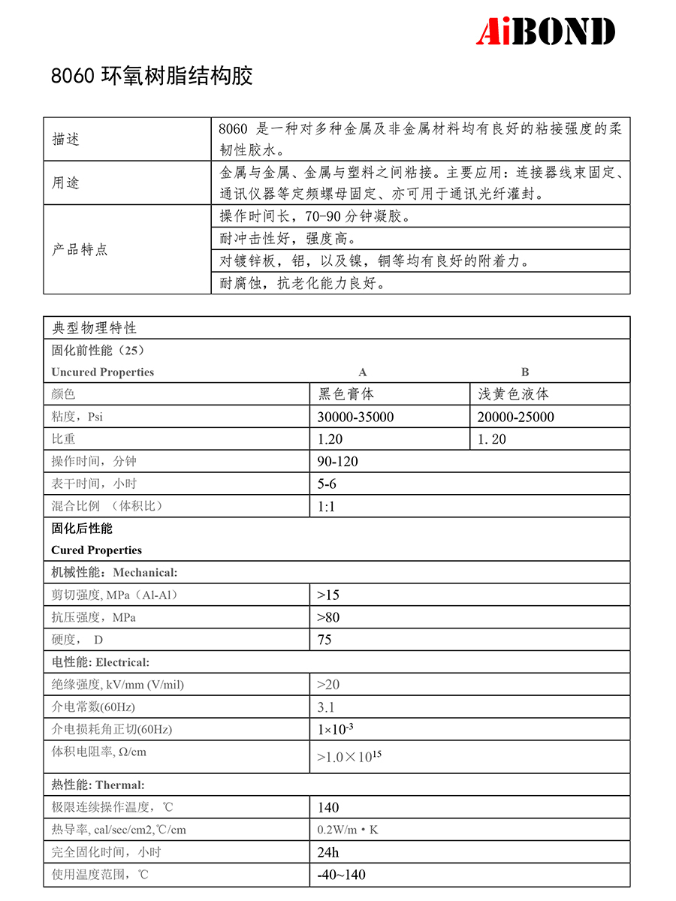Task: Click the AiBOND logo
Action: (546, 32)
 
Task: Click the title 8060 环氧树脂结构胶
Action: (152, 77)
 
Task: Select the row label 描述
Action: (65, 140)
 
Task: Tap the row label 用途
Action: (65, 183)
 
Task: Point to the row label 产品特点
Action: (80, 249)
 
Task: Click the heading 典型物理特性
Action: (94, 328)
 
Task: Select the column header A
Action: (363, 372)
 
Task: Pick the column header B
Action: (525, 372)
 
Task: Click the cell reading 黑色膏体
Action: (346, 394)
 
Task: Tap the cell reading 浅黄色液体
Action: (514, 394)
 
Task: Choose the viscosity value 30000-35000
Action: (355, 417)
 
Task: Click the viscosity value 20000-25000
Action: (516, 417)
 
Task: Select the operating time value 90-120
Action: (337, 462)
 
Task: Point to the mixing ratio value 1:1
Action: (326, 507)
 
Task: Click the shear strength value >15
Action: (328, 595)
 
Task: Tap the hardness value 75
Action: (324, 640)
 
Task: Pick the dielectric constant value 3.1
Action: (326, 707)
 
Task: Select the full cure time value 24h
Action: (328, 853)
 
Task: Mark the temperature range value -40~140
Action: (342, 875)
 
